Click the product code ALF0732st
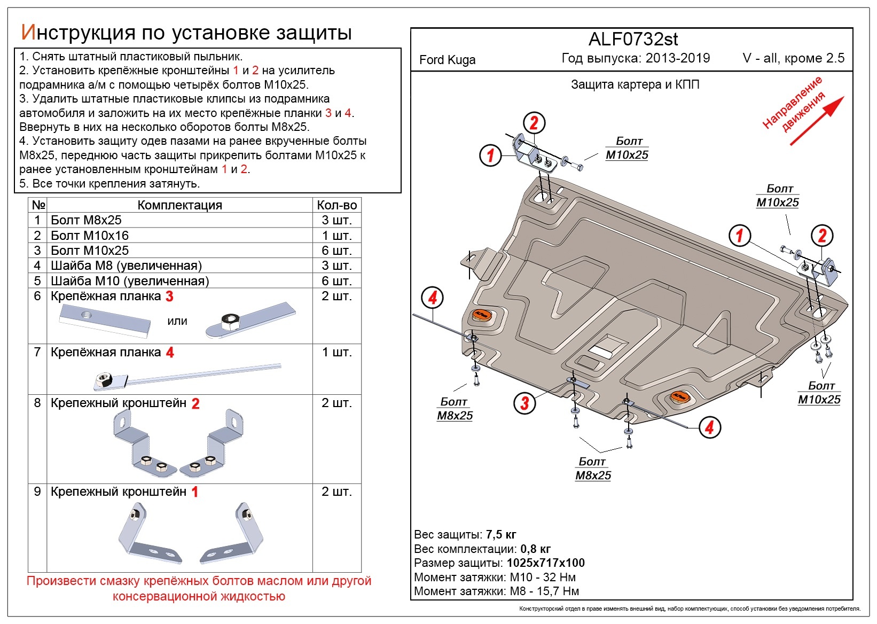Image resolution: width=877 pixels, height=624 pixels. pyautogui.click(x=633, y=40)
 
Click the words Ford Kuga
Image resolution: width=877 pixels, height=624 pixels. pyautogui.click(x=447, y=60)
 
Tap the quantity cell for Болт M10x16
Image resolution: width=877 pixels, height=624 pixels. pyautogui.click(x=336, y=236)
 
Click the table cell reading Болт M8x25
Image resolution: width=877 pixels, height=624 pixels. pyautogui.click(x=86, y=220)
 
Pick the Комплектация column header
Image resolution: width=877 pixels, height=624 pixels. pyautogui.click(x=179, y=205)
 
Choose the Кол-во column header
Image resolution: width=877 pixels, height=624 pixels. pyautogui.click(x=336, y=205)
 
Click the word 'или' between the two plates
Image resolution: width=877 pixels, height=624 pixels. pyautogui.click(x=177, y=321)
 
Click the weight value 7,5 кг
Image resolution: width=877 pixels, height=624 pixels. pyautogui.click(x=501, y=535)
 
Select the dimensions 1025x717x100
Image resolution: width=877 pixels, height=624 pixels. pyautogui.click(x=545, y=563)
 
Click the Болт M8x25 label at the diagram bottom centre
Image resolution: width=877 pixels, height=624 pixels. pyautogui.click(x=593, y=469)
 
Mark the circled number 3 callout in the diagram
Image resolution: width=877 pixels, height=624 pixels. pyautogui.click(x=524, y=403)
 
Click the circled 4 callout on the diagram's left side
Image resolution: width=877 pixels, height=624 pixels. pyautogui.click(x=432, y=298)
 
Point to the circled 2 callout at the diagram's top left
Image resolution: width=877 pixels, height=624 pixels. pyautogui.click(x=534, y=123)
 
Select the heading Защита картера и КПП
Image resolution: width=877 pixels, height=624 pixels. pyautogui.click(x=635, y=84)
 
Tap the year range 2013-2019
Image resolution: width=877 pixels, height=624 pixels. pyautogui.click(x=678, y=58)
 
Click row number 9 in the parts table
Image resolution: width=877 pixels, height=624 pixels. pyautogui.click(x=37, y=492)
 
